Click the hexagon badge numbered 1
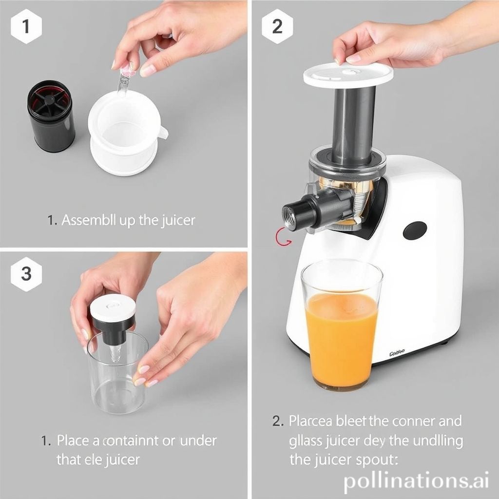[x=26, y=26]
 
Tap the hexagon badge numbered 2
[x=277, y=26]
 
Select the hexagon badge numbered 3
[x=26, y=274]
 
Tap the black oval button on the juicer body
[x=415, y=230]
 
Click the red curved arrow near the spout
[x=284, y=237]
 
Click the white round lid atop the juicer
[x=348, y=74]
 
